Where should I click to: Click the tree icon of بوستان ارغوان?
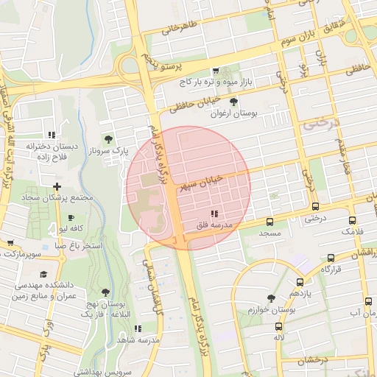click(x=234, y=102)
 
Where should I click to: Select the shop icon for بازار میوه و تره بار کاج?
click(x=215, y=71)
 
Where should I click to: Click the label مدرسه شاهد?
click(x=144, y=339)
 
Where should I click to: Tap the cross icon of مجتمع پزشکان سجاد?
click(x=57, y=187)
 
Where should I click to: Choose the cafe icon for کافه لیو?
click(x=71, y=218)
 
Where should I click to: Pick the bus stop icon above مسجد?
click(x=269, y=221)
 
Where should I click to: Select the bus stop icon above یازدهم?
click(x=300, y=282)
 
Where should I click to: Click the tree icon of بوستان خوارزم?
click(x=271, y=299)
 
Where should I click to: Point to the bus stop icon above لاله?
click(x=278, y=326)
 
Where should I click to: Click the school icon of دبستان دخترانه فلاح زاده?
click(x=52, y=135)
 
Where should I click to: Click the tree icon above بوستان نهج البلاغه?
click(x=105, y=292)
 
